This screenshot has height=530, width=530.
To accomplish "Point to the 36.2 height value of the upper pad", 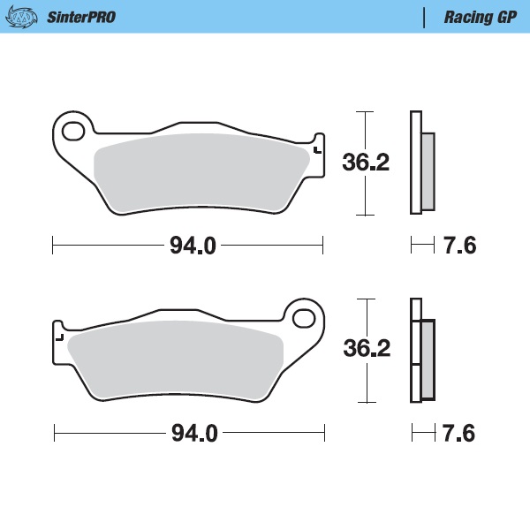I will [x=365, y=163].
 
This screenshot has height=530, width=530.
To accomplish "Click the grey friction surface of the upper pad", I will [x=199, y=172].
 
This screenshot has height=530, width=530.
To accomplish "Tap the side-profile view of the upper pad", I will [x=420, y=163].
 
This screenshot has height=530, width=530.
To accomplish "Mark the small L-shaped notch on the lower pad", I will [x=60, y=337].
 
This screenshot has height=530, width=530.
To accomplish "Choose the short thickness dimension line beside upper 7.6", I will [x=422, y=246].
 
